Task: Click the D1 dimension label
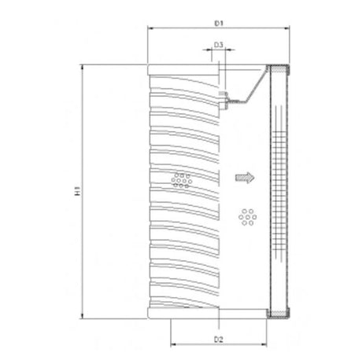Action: [x=220, y=24]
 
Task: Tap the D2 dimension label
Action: [x=220, y=339]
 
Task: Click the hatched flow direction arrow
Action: [x=246, y=178]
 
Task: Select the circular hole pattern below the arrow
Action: [x=249, y=216]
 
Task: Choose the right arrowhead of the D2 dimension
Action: [x=267, y=347]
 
